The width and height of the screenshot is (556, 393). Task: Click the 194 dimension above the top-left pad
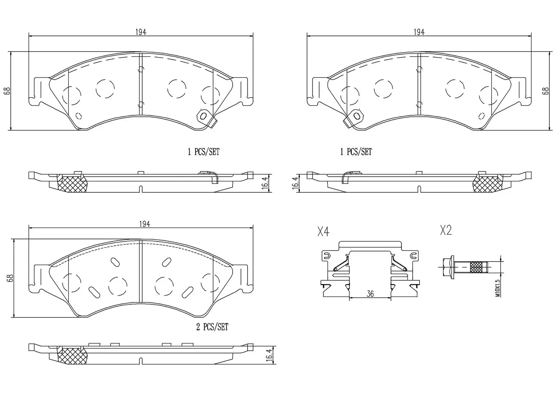coord(141,32)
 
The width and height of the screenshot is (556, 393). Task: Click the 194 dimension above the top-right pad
coord(419,32)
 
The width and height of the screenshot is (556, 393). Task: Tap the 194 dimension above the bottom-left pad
coord(144,224)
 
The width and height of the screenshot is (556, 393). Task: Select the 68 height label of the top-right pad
coord(545,91)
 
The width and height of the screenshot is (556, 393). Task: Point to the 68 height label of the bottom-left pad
coord(10,278)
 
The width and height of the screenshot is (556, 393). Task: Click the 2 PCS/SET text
coord(212,327)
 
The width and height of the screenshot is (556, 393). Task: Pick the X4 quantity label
coord(323,231)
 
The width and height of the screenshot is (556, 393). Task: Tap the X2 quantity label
coord(446,230)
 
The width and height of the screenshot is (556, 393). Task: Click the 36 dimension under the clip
coord(370,294)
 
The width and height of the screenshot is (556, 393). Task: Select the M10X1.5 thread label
coord(498,288)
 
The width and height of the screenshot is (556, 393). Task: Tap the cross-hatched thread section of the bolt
coord(476,267)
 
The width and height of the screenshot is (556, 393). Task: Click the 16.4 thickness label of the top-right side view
coord(296,183)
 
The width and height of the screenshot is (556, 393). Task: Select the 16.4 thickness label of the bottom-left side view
coord(269,355)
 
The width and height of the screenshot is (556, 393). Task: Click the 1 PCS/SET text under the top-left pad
coord(203,152)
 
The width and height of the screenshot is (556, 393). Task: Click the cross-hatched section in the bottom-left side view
coord(72,356)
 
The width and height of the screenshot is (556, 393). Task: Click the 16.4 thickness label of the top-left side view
coord(265,183)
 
